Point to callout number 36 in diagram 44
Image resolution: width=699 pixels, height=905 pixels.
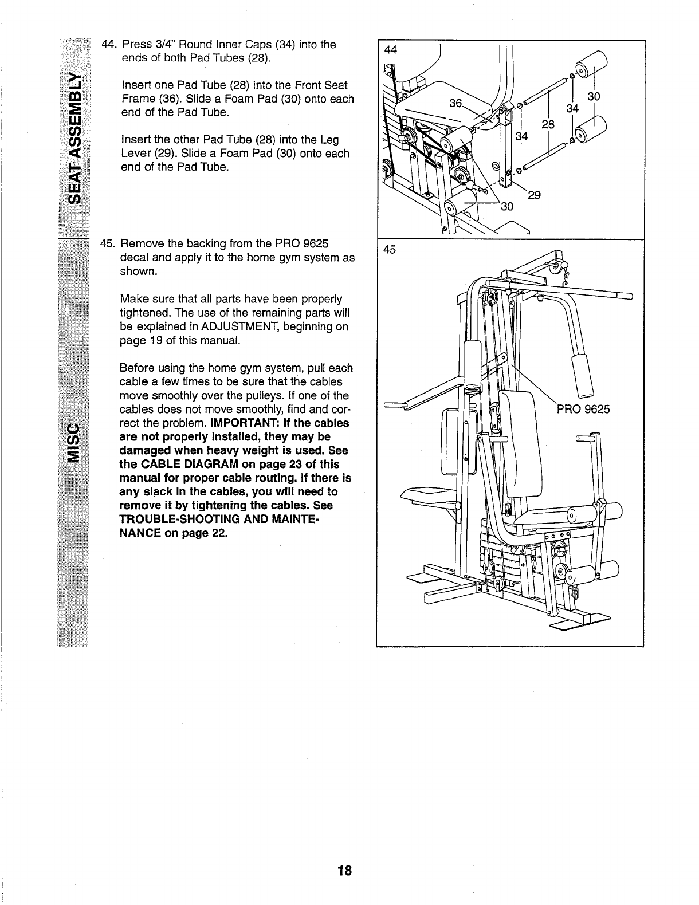[455, 103]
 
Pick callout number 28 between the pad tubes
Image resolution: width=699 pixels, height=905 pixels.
[547, 124]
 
